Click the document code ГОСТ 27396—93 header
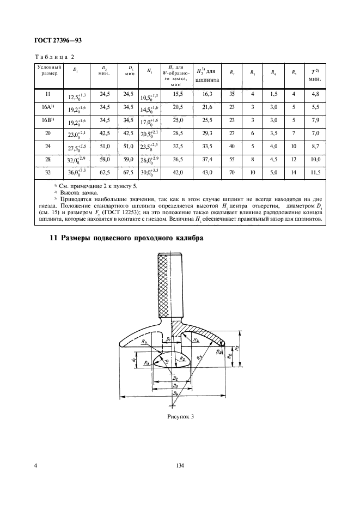tap(57, 40)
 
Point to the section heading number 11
tap(53, 223)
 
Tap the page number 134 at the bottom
tap(180, 465)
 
